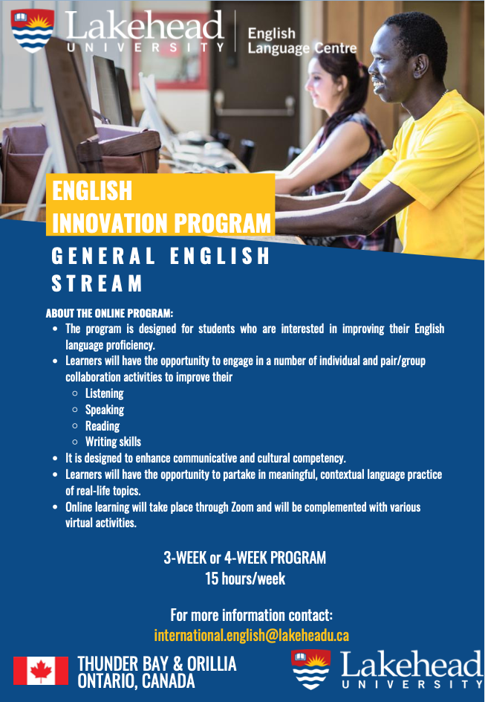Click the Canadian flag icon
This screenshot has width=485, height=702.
pos(41,670)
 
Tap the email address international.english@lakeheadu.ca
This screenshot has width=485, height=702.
pos(251,635)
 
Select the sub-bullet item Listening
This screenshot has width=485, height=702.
pos(104,393)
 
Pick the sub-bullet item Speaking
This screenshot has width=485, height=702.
pos(104,410)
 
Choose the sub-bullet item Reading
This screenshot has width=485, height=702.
pos(102,426)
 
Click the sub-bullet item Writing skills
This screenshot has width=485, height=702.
pos(113,442)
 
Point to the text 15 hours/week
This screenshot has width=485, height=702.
pos(245,579)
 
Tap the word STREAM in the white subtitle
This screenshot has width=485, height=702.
pos(97,283)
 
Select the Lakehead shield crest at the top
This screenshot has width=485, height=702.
pos(33,30)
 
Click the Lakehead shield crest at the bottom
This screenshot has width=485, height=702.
pos(310,669)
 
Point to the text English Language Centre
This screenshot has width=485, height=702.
pos(302,41)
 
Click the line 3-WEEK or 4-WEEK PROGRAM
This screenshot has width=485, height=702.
pos(245,558)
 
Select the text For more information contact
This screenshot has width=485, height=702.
pos(251,615)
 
